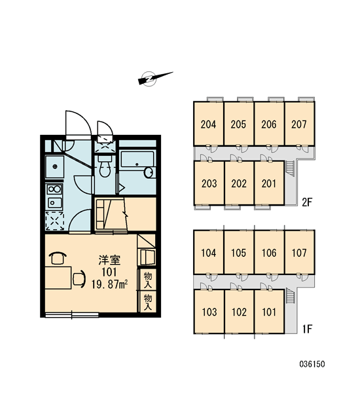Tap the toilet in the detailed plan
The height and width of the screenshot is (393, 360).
(x=105, y=166)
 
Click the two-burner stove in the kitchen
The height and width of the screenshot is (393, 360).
(x=54, y=189)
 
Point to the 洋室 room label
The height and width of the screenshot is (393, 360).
(x=109, y=260)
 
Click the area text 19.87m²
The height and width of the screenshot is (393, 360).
(x=109, y=284)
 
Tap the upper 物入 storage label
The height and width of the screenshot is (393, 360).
(x=148, y=280)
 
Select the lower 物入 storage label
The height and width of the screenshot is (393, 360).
(x=148, y=302)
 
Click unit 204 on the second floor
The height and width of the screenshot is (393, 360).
(x=208, y=124)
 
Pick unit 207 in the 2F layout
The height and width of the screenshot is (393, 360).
(x=299, y=124)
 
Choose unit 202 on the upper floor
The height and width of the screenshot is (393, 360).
(x=239, y=183)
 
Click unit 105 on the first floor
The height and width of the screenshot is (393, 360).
(x=238, y=252)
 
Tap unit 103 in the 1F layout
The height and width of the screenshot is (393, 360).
(x=209, y=312)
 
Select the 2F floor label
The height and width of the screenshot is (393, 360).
(x=307, y=202)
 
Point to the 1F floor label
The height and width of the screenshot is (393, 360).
(x=307, y=329)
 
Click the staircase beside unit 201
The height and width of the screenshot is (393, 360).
(x=290, y=168)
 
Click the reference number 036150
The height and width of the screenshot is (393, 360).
(x=312, y=364)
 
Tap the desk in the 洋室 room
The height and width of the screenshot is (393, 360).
(x=58, y=278)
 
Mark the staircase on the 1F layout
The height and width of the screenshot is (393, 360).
(x=290, y=296)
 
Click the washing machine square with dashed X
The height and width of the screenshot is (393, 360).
(x=54, y=221)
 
